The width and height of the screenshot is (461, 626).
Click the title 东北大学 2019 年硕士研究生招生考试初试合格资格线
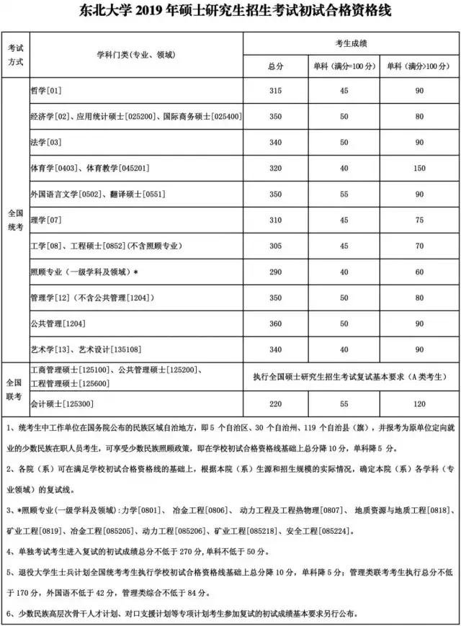(230, 14)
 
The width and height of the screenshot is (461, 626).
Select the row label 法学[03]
(45, 143)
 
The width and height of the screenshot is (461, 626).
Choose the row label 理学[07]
(45, 220)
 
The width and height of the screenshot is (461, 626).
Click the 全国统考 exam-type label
(15, 220)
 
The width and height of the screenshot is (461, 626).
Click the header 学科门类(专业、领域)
(136, 55)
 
